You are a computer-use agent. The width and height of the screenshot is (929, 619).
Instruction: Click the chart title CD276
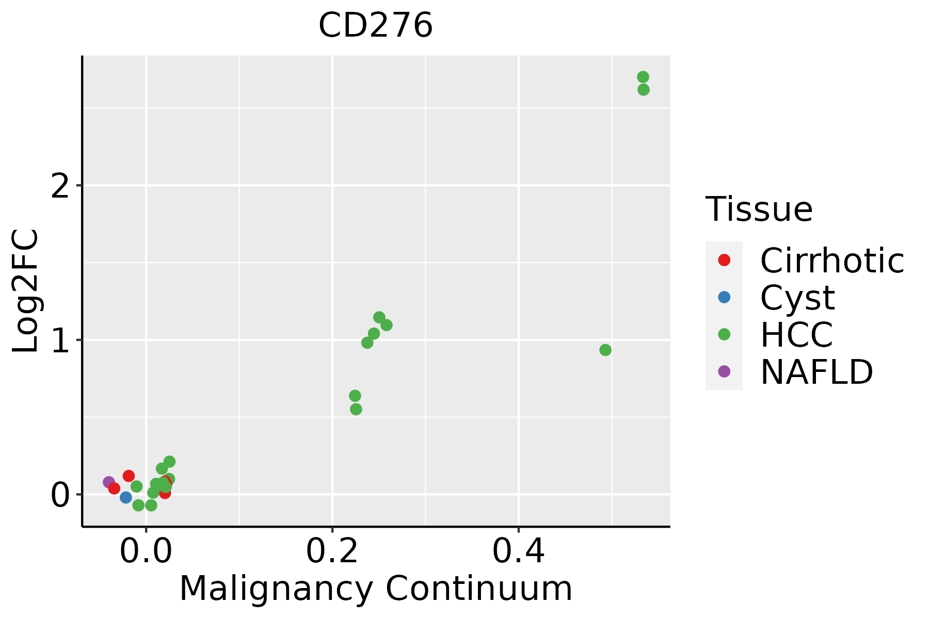click(x=375, y=26)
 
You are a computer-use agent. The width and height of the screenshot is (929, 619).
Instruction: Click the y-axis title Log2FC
click(x=26, y=291)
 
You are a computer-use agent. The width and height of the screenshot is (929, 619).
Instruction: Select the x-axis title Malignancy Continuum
click(x=375, y=589)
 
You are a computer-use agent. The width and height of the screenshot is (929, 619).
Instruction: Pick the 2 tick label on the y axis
click(x=60, y=186)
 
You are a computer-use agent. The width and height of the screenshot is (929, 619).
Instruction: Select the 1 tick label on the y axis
click(x=60, y=340)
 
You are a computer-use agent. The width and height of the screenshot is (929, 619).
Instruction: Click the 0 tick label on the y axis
click(x=60, y=495)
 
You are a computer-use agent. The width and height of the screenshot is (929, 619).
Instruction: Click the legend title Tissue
click(x=759, y=209)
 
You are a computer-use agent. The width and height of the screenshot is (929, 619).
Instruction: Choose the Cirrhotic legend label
click(x=831, y=260)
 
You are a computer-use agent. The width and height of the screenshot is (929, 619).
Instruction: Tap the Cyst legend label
click(x=797, y=298)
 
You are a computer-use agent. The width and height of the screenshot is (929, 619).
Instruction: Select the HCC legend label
click(x=796, y=335)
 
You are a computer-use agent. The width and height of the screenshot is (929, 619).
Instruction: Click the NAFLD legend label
click(x=816, y=372)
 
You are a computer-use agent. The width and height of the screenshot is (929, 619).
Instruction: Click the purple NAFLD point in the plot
click(x=109, y=482)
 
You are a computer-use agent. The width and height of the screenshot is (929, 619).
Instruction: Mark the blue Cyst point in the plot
click(x=126, y=497)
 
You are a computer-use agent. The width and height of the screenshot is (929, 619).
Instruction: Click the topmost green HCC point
click(x=643, y=77)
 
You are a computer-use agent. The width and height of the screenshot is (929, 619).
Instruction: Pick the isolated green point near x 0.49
click(x=605, y=350)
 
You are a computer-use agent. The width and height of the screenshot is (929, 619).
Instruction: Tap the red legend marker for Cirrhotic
click(x=724, y=260)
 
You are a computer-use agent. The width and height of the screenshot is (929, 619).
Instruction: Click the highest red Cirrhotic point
click(x=129, y=476)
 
